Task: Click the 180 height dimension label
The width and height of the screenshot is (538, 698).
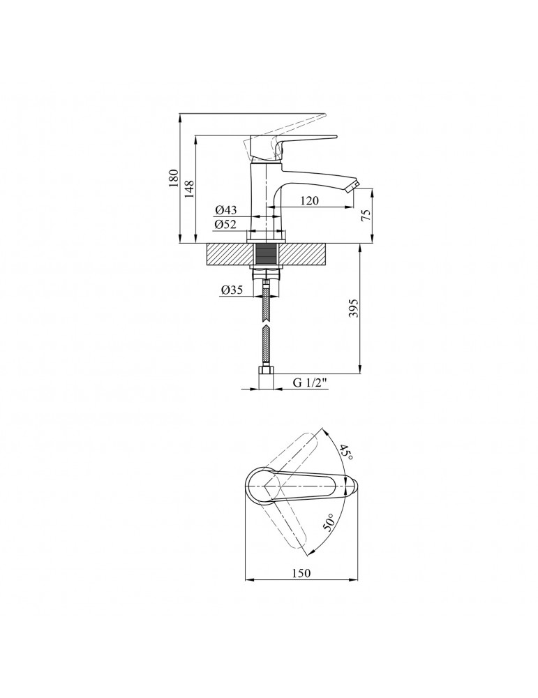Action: click(x=174, y=178)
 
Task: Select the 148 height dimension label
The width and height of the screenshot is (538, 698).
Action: click(x=190, y=188)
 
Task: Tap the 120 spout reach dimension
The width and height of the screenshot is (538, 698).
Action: click(x=309, y=201)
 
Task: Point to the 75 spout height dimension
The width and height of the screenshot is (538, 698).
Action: click(x=366, y=216)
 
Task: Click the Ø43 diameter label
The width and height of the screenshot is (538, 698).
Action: click(x=226, y=209)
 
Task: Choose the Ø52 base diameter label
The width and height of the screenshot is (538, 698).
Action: click(x=225, y=224)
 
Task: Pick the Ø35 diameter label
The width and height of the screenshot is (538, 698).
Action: click(x=232, y=290)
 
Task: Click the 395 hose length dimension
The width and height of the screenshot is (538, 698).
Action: click(x=353, y=308)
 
